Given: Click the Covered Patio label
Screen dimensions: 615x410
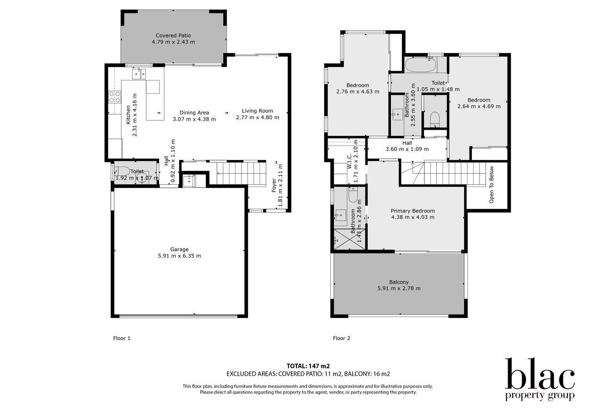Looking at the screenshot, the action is tap(173, 35).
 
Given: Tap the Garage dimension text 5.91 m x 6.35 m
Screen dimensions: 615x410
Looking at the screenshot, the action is tap(179, 256).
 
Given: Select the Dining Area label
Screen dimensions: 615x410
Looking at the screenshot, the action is tap(194, 113).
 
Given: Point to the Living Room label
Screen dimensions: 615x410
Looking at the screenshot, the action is tap(258, 111).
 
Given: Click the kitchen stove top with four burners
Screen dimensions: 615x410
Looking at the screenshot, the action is tap(115, 97).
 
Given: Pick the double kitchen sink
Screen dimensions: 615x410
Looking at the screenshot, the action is tap(139, 74).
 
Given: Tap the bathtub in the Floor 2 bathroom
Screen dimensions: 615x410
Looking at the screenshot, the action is tap(420, 65).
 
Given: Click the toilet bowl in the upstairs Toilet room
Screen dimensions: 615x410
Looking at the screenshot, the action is tap(434, 118).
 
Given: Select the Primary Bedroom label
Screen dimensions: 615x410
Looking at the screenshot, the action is tap(413, 211).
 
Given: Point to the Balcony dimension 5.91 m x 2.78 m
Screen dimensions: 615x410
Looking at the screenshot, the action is tap(399, 288).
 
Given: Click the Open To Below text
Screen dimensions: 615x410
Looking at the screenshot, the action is tap(491, 184).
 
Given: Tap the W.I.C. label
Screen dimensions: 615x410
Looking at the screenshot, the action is tap(350, 161).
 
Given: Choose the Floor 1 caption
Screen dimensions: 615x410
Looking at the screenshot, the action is tap(122, 338).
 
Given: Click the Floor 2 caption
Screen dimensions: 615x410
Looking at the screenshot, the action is tap(342, 338).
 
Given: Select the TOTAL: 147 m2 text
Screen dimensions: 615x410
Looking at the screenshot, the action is tap(308, 366).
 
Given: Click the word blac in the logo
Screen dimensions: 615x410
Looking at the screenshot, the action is tap(540, 374).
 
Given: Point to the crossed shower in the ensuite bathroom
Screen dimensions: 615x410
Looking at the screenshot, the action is tap(350, 239).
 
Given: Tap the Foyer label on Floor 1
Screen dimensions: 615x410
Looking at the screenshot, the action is tap(273, 185).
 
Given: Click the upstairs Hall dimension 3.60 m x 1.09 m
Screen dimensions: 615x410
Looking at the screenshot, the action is tap(407, 149).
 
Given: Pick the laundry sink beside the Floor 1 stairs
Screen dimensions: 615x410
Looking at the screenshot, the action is tap(189, 181).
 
